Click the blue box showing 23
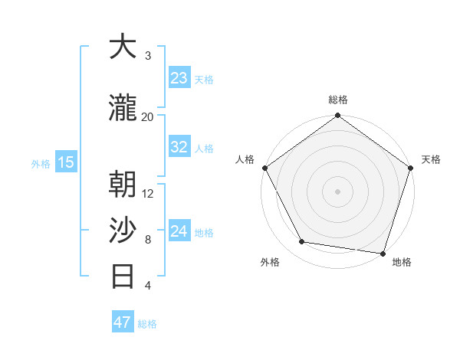pos(179,78)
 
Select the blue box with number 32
pos(179,148)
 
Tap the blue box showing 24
pos(179,232)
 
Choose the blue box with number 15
pos(66,162)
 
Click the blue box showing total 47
pos(123,322)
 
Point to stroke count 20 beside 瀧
pos(148,116)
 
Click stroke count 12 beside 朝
pos(148,193)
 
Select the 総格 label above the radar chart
pos(338,100)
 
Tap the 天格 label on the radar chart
pos(431,159)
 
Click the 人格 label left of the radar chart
pos(245,159)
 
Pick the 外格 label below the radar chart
pos(270,262)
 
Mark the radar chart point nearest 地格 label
pos(383,253)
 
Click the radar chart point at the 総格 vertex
pos(338,116)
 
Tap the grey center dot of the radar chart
pos(338,191)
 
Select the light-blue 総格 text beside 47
pos(147,324)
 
